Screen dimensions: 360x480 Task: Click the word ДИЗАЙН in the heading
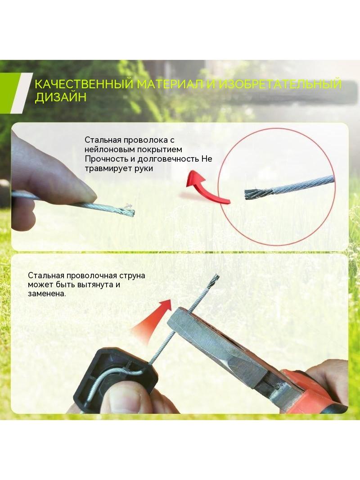[x=61, y=97]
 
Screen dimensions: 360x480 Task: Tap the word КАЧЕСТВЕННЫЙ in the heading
[x=84, y=84]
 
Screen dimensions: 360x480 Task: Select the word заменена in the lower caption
[x=46, y=294]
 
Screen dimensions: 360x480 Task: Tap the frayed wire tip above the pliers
[x=214, y=279]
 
